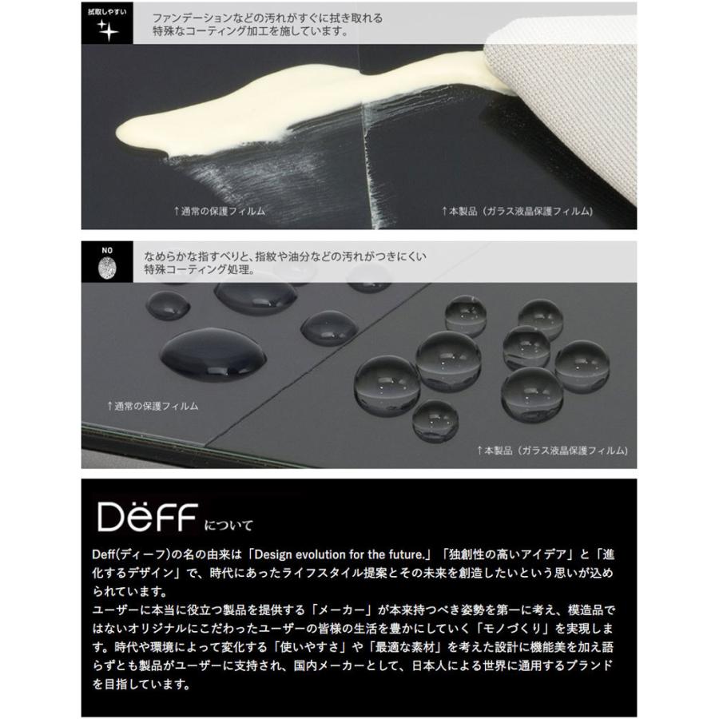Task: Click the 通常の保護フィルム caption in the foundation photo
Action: click(x=219, y=211)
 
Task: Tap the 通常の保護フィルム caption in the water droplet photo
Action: click(x=153, y=406)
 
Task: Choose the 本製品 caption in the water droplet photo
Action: click(x=551, y=451)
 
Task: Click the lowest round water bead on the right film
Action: click(x=435, y=419)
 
